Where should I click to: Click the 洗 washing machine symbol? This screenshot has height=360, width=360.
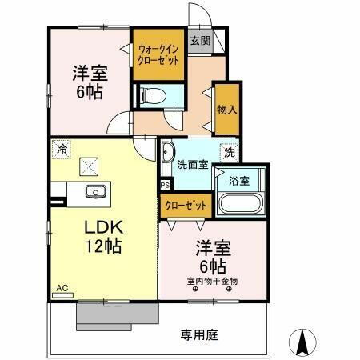[230, 151]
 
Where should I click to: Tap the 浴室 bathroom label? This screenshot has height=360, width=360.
[239, 180]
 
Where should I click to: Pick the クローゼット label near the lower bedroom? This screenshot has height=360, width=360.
[186, 205]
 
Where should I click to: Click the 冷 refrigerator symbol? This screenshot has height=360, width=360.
[62, 148]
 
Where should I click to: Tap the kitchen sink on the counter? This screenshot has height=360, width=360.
[95, 192]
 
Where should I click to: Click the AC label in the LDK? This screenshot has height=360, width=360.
[62, 286]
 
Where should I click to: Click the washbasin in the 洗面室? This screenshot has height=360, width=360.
[168, 152]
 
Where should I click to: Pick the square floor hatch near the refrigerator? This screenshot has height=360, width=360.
[88, 168]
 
